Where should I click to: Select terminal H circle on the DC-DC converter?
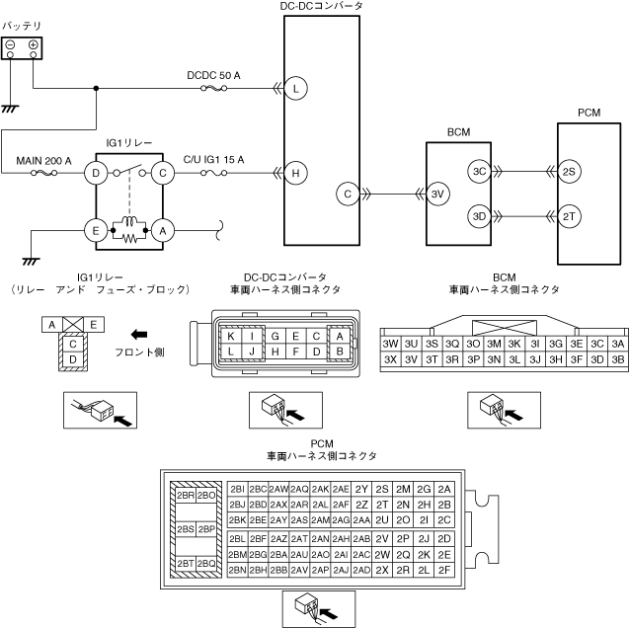point(294,174)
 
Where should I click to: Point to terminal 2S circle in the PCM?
point(569,172)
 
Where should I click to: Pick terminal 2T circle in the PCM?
point(569,215)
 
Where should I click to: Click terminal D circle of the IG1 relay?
point(96,174)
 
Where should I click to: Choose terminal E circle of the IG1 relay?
point(96,230)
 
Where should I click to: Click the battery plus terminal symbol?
point(34,46)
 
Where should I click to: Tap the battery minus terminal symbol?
point(11,46)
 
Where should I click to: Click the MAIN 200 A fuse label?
point(44,159)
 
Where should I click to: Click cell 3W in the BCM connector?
point(390,344)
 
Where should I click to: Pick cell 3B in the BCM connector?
point(618,359)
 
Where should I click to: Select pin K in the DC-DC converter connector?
point(231,336)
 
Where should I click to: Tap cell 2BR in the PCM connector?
point(185,495)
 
